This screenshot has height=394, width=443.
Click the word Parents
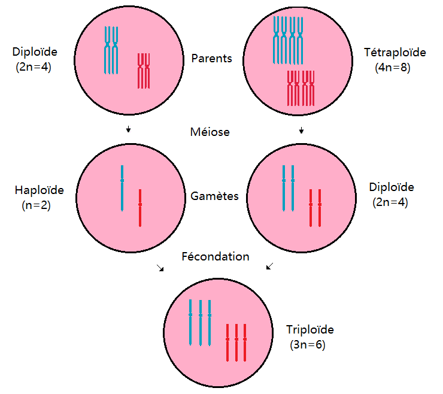(x=211, y=59)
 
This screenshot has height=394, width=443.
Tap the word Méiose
(x=210, y=132)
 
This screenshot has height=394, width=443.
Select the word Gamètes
(x=214, y=196)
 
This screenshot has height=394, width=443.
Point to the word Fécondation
(x=216, y=256)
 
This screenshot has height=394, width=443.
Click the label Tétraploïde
(x=395, y=53)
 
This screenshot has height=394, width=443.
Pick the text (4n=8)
(x=393, y=68)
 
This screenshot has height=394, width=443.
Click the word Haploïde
(x=40, y=190)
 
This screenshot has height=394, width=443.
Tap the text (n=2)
(x=36, y=205)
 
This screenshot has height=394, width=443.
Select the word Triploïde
(x=310, y=329)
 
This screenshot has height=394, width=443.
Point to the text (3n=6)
(x=308, y=345)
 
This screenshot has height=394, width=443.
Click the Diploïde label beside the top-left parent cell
(x=35, y=52)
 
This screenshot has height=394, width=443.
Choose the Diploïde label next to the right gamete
(x=392, y=187)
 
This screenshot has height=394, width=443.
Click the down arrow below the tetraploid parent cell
(x=302, y=130)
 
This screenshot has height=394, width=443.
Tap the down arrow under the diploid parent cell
(x=128, y=129)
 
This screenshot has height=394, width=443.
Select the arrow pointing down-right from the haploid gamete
(x=160, y=268)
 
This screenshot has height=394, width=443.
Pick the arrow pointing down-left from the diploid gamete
(x=270, y=266)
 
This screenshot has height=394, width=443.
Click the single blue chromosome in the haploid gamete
(x=122, y=188)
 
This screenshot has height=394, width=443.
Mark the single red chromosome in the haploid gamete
(x=140, y=208)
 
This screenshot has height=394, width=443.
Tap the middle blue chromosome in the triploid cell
(x=201, y=323)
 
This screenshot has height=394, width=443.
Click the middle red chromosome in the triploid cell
(x=236, y=343)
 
